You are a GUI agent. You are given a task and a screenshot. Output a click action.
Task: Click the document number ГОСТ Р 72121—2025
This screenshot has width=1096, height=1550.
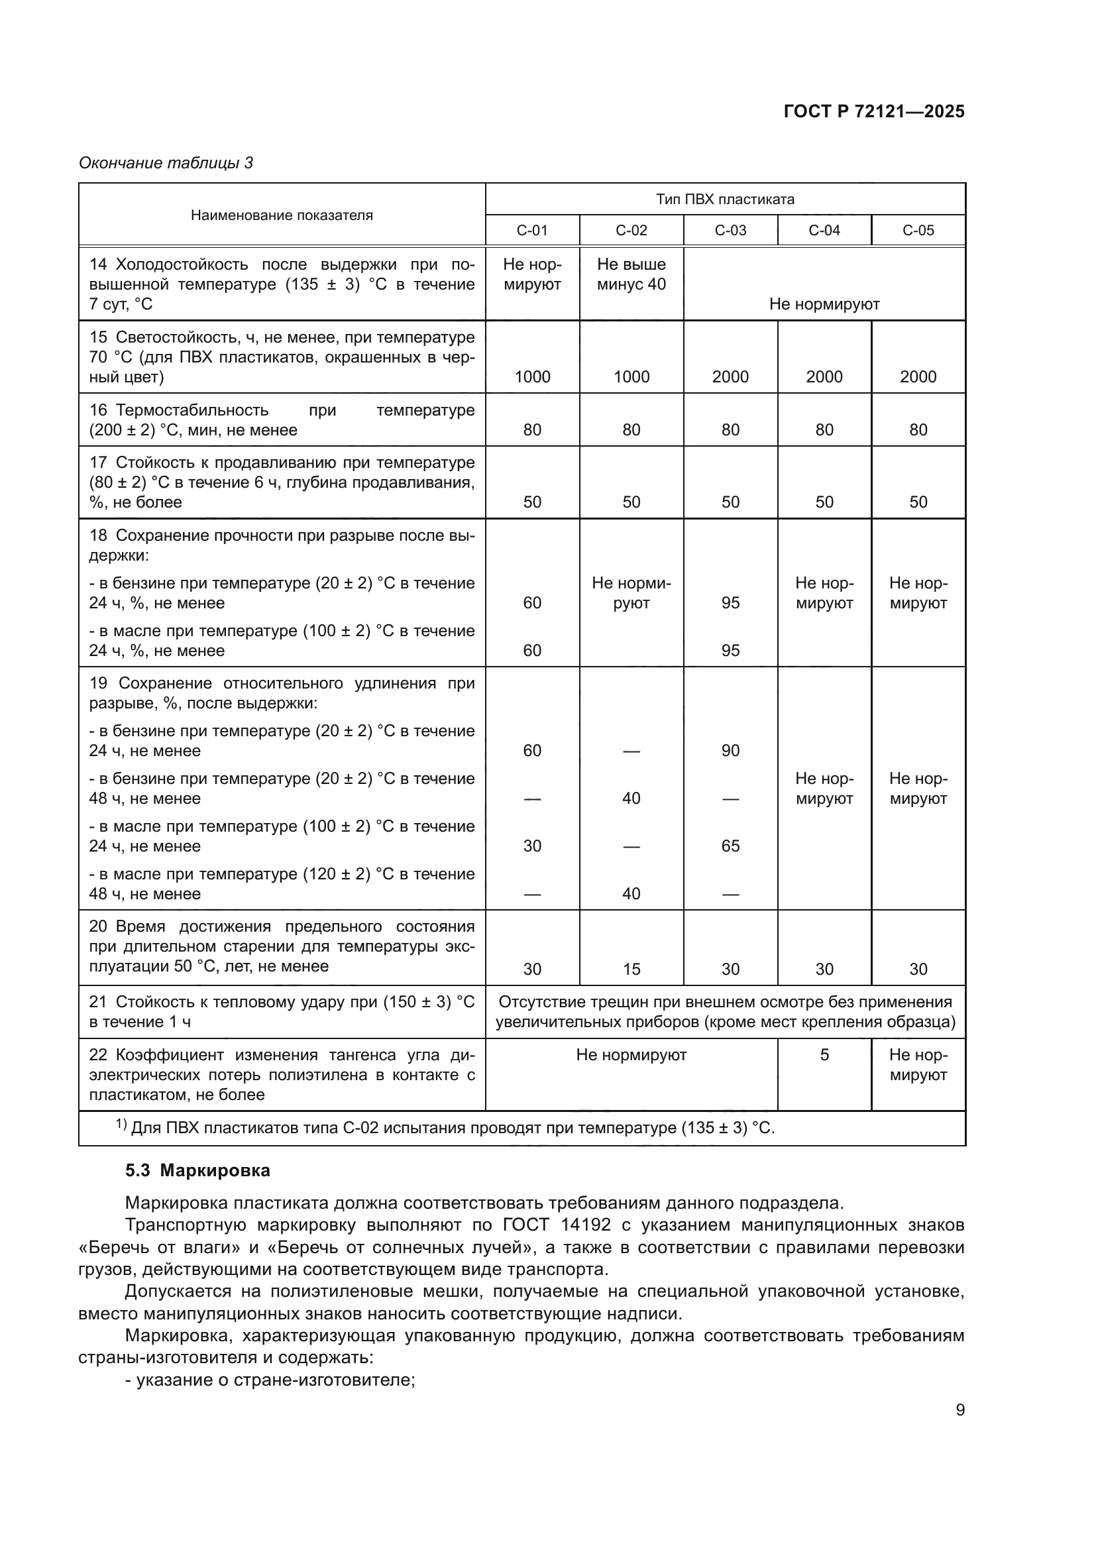(x=874, y=111)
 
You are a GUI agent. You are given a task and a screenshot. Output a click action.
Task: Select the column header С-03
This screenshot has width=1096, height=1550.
(x=730, y=230)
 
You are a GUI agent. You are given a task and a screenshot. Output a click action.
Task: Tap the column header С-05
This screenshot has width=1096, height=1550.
(x=918, y=230)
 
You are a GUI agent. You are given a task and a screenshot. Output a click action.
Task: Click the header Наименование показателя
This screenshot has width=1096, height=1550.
(x=282, y=215)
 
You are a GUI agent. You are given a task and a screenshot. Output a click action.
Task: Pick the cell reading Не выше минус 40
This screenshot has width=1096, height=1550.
(x=631, y=274)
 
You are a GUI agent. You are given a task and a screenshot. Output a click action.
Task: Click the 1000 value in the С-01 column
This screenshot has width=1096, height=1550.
(x=532, y=376)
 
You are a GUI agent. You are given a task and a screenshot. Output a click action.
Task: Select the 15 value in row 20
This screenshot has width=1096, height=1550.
(x=631, y=969)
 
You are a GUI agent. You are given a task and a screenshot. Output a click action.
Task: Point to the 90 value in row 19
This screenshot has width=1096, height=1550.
(x=730, y=751)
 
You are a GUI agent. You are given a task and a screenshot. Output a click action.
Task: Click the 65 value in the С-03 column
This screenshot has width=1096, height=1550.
(x=730, y=846)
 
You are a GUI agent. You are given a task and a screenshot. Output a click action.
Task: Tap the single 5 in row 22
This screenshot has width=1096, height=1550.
(x=824, y=1055)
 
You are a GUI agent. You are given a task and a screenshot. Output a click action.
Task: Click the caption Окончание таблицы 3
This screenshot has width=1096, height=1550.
(x=166, y=163)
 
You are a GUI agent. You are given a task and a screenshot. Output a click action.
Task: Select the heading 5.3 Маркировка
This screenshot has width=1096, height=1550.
(x=197, y=1170)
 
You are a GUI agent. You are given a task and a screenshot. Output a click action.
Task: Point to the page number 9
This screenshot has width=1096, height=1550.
(x=959, y=1410)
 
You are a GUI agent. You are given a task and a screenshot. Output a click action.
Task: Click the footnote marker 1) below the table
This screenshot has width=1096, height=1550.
(x=121, y=1125)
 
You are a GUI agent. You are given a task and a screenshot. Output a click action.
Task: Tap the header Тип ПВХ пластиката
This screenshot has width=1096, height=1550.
(x=725, y=199)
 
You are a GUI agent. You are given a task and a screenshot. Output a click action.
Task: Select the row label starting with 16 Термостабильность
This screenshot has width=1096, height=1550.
(x=282, y=420)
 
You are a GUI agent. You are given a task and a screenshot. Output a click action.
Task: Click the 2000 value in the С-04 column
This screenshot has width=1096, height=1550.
(x=824, y=376)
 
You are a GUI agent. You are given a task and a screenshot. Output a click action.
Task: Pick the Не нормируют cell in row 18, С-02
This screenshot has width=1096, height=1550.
(x=631, y=592)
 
